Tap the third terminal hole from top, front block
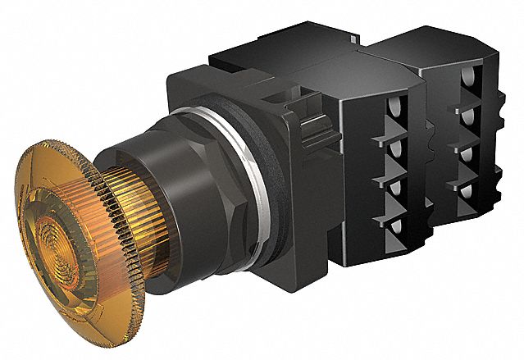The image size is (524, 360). point(393,186)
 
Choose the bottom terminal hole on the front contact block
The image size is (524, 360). point(393,223)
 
